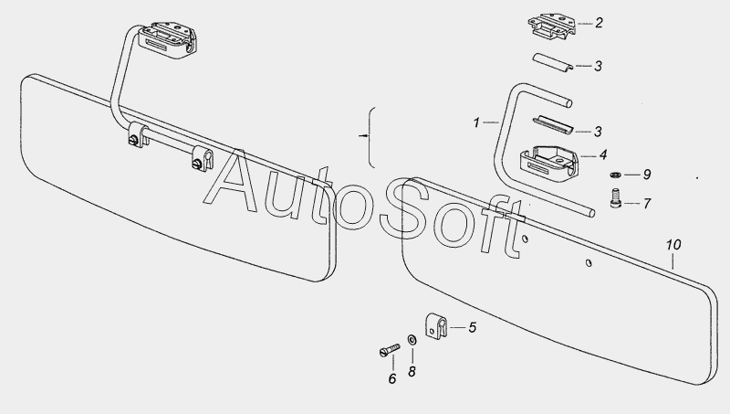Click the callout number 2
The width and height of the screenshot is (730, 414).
[x=599, y=23]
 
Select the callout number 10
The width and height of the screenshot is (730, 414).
[x=673, y=245]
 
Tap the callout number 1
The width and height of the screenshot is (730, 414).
[x=476, y=122]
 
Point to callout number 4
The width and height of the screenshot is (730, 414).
[x=603, y=154]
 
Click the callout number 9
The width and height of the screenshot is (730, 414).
[x=647, y=175]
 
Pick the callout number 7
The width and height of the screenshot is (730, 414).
[x=647, y=203]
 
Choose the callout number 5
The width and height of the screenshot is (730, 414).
[x=472, y=327]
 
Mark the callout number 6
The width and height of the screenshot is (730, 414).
[x=392, y=378]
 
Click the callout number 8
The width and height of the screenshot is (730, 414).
[x=412, y=372]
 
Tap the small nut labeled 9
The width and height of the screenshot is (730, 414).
[x=615, y=175]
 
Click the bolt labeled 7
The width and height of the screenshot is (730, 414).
[x=615, y=197]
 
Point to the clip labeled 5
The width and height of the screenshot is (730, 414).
[x=436, y=325]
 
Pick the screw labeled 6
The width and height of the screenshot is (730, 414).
[x=390, y=350]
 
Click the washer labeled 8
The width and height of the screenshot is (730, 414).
[x=412, y=340]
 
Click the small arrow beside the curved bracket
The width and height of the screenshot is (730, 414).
[x=363, y=135]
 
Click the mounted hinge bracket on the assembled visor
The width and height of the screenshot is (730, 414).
[x=169, y=39]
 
